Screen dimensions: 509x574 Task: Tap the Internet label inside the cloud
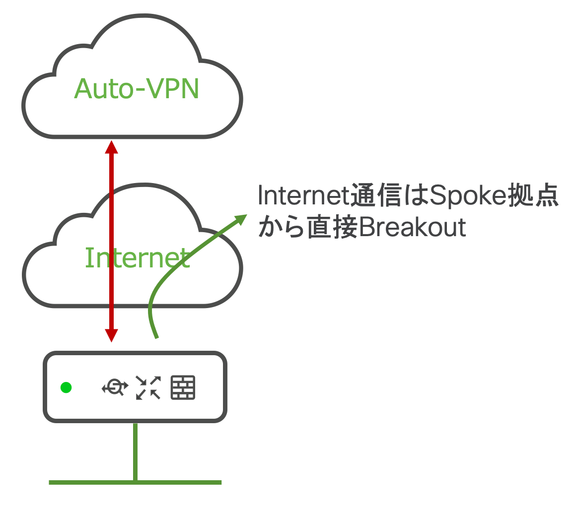point(137,257)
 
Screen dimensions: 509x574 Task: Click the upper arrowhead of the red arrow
point(112,147)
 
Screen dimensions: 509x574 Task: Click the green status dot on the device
point(66,387)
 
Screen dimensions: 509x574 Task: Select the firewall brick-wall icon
point(183,387)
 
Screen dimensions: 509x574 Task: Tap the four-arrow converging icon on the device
point(148,387)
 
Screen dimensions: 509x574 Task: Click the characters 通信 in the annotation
point(376,197)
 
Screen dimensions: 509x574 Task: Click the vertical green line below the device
point(135,451)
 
